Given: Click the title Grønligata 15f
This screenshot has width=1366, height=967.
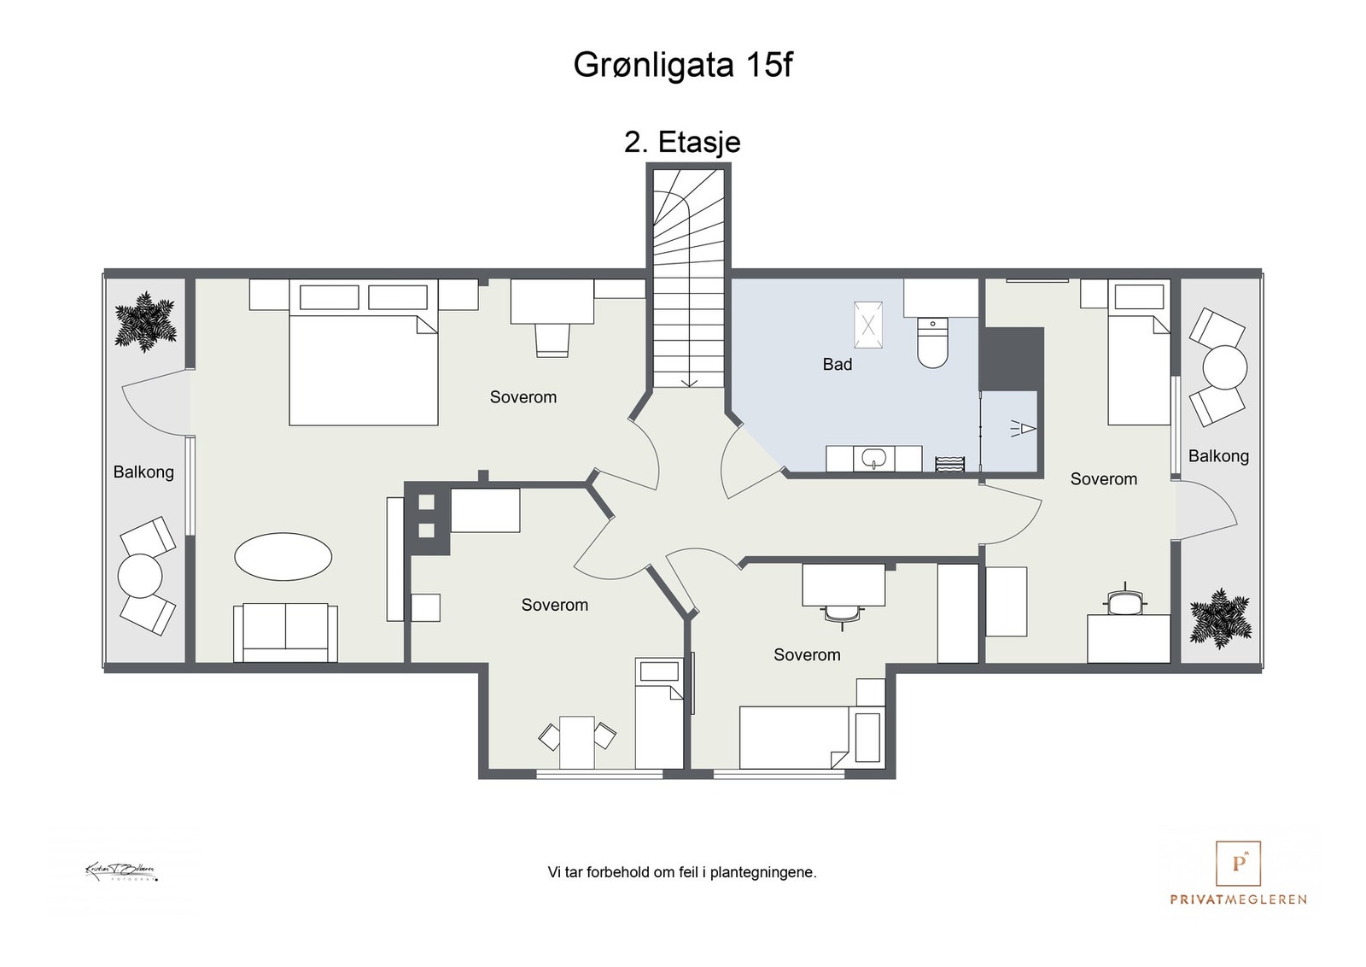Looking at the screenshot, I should (682, 66).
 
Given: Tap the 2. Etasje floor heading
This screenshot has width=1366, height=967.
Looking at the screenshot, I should (682, 142).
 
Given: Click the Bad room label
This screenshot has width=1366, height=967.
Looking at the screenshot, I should (837, 365).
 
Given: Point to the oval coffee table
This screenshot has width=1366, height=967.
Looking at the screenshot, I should (283, 557).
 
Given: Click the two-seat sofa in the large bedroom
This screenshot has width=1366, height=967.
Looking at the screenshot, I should (285, 632).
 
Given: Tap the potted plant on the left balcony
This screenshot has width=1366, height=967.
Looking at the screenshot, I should (146, 322).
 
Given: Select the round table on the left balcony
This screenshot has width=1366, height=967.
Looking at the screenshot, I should (140, 576).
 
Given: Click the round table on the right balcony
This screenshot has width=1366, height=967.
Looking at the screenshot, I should (1225, 367).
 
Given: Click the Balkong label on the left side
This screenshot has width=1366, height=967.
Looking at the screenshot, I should (143, 472).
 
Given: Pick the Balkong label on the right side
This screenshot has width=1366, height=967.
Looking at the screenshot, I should (1218, 456).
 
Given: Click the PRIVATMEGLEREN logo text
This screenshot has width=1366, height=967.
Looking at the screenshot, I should (1238, 899).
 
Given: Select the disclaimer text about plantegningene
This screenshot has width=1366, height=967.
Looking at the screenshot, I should (682, 872).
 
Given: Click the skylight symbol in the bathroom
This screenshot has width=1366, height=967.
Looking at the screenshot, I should (868, 325).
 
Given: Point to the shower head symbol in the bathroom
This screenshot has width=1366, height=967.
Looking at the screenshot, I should (1024, 428).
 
